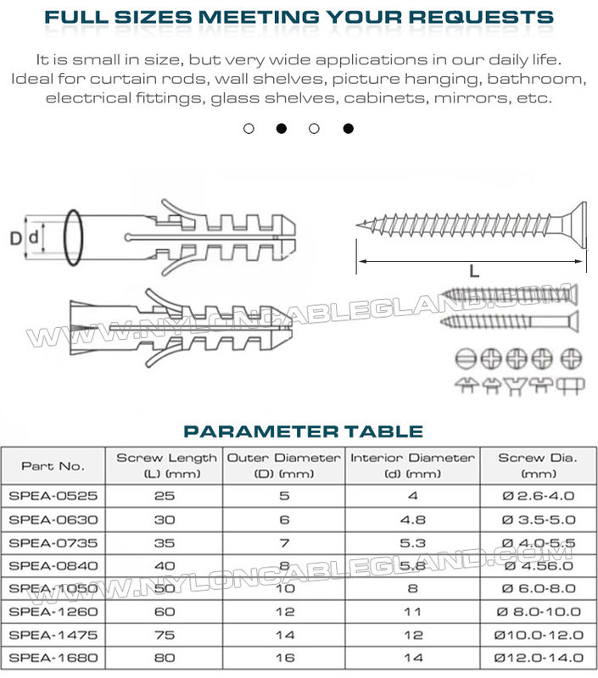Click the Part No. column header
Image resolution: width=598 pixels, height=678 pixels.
53,465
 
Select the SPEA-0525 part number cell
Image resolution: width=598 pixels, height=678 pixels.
53,497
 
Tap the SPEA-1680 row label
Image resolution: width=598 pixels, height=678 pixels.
53,657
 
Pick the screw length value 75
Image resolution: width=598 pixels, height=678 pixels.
165,634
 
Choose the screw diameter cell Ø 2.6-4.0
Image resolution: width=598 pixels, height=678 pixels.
538,497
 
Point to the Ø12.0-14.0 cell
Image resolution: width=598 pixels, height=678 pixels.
538,657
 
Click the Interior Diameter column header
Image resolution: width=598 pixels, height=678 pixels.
412,465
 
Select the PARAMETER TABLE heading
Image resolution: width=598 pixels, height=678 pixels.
304,431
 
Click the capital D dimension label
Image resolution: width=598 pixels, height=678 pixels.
15,239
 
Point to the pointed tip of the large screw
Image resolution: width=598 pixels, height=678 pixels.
360,225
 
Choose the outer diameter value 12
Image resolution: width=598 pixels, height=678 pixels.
283,611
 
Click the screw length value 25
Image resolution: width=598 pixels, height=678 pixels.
165,497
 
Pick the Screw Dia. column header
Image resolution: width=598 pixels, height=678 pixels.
538,465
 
